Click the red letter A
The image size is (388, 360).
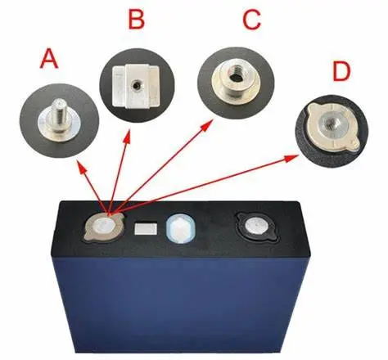point(49,59)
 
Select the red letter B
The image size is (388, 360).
point(137,19)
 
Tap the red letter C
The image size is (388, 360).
point(251,20)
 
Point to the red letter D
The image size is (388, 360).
point(341,71)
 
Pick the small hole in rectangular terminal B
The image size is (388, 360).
point(135,87)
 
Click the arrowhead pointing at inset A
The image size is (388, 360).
point(82,167)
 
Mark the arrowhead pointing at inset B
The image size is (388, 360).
point(127,137)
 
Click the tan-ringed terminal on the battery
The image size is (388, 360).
point(105,227)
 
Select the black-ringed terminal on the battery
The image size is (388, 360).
point(257,227)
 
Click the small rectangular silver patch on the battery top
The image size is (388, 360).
point(146,228)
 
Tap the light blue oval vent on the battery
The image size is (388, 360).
point(181,228)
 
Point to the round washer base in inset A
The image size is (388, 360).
point(59,128)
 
